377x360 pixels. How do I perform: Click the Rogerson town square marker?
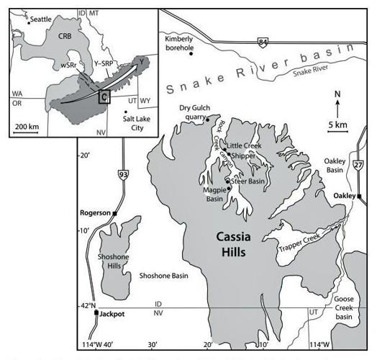coord(114,213)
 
